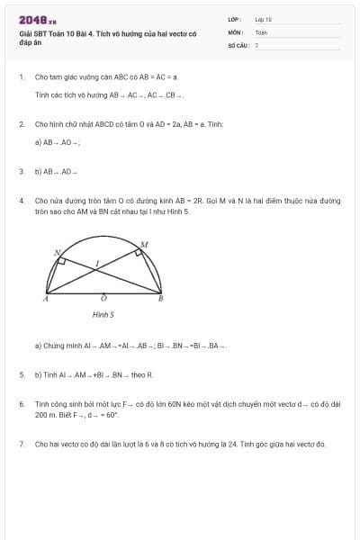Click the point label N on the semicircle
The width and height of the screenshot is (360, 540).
(56, 253)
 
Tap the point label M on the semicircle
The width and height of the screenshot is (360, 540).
(144, 244)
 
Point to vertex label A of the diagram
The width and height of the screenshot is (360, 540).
(45, 298)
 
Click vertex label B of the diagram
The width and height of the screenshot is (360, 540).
(160, 298)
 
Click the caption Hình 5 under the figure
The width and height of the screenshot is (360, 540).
(103, 315)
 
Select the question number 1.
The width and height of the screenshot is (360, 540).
(21, 77)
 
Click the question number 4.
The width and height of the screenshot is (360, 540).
(21, 201)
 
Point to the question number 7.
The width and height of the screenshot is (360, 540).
(21, 444)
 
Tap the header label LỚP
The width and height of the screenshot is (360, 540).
(235, 18)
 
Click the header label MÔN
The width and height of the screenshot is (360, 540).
(235, 31)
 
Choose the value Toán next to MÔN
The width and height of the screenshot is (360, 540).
(261, 31)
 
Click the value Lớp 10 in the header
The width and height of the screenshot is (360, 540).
(264, 19)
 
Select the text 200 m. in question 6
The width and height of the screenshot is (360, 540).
(46, 416)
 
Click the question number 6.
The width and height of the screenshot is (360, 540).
(21, 404)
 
